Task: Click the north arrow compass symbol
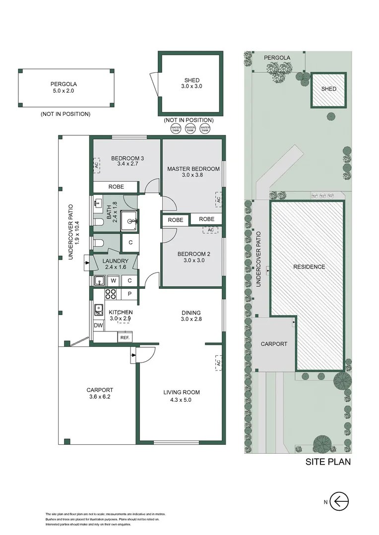coord(339,502)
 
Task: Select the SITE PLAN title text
coord(328,462)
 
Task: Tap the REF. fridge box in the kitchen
coord(125,337)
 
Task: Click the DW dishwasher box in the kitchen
coord(98,325)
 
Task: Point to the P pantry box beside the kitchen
coord(129,294)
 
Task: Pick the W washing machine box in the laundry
coord(114,281)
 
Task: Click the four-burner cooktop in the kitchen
coord(110,294)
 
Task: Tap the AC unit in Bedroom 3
coord(97,166)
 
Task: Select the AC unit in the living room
coord(217,363)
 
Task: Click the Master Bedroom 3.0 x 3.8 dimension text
coord(193,175)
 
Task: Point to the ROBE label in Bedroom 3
coord(116,187)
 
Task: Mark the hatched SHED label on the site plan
coord(328,89)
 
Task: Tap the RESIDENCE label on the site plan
coord(309,267)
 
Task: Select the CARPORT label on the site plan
coord(274,344)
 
